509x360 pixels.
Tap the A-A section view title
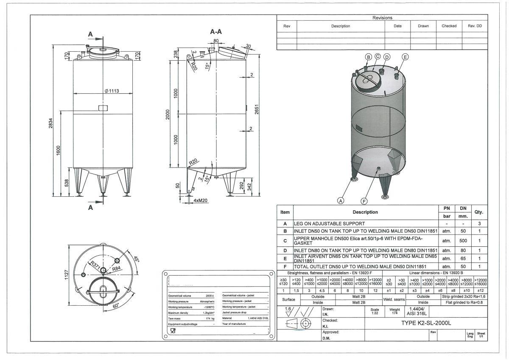216,32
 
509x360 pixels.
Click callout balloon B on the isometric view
368,57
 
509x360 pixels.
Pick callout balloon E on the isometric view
405,57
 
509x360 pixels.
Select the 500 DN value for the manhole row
463,240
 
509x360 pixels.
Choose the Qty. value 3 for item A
479,223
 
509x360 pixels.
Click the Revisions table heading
382,18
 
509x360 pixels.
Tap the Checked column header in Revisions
449,26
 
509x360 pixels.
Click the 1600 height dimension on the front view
59,150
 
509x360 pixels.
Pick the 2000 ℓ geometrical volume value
210,295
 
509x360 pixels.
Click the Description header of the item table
365,212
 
